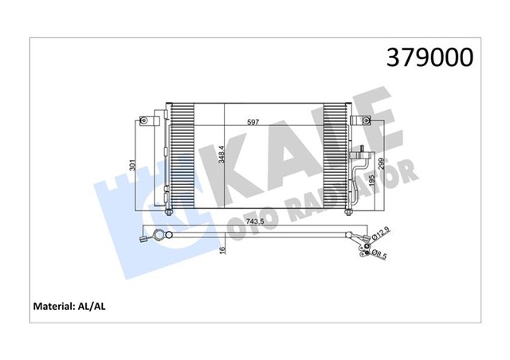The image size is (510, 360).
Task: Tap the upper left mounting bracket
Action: [145, 121]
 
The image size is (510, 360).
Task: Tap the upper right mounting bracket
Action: [367, 120]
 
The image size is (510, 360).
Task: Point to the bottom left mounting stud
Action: [170, 212]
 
